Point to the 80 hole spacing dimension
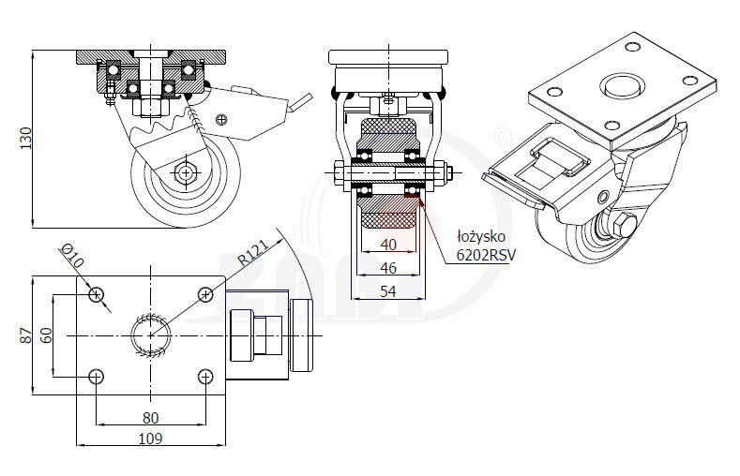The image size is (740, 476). tap(150, 417)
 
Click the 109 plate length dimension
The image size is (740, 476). tap(150, 438)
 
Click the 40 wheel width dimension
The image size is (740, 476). tap(387, 245)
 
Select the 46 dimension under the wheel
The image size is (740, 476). tap(387, 268)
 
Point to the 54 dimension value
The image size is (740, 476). tap(387, 291)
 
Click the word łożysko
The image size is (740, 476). tap(481, 236)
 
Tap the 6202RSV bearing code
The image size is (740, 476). tap(486, 254)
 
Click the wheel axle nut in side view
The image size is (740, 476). tap(186, 172)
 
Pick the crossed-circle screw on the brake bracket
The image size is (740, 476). tap(221, 118)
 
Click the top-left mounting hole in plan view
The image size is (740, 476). tap(96, 294)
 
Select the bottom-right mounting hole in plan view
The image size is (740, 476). tap(206, 377)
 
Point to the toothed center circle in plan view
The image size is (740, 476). tap(150, 335)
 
